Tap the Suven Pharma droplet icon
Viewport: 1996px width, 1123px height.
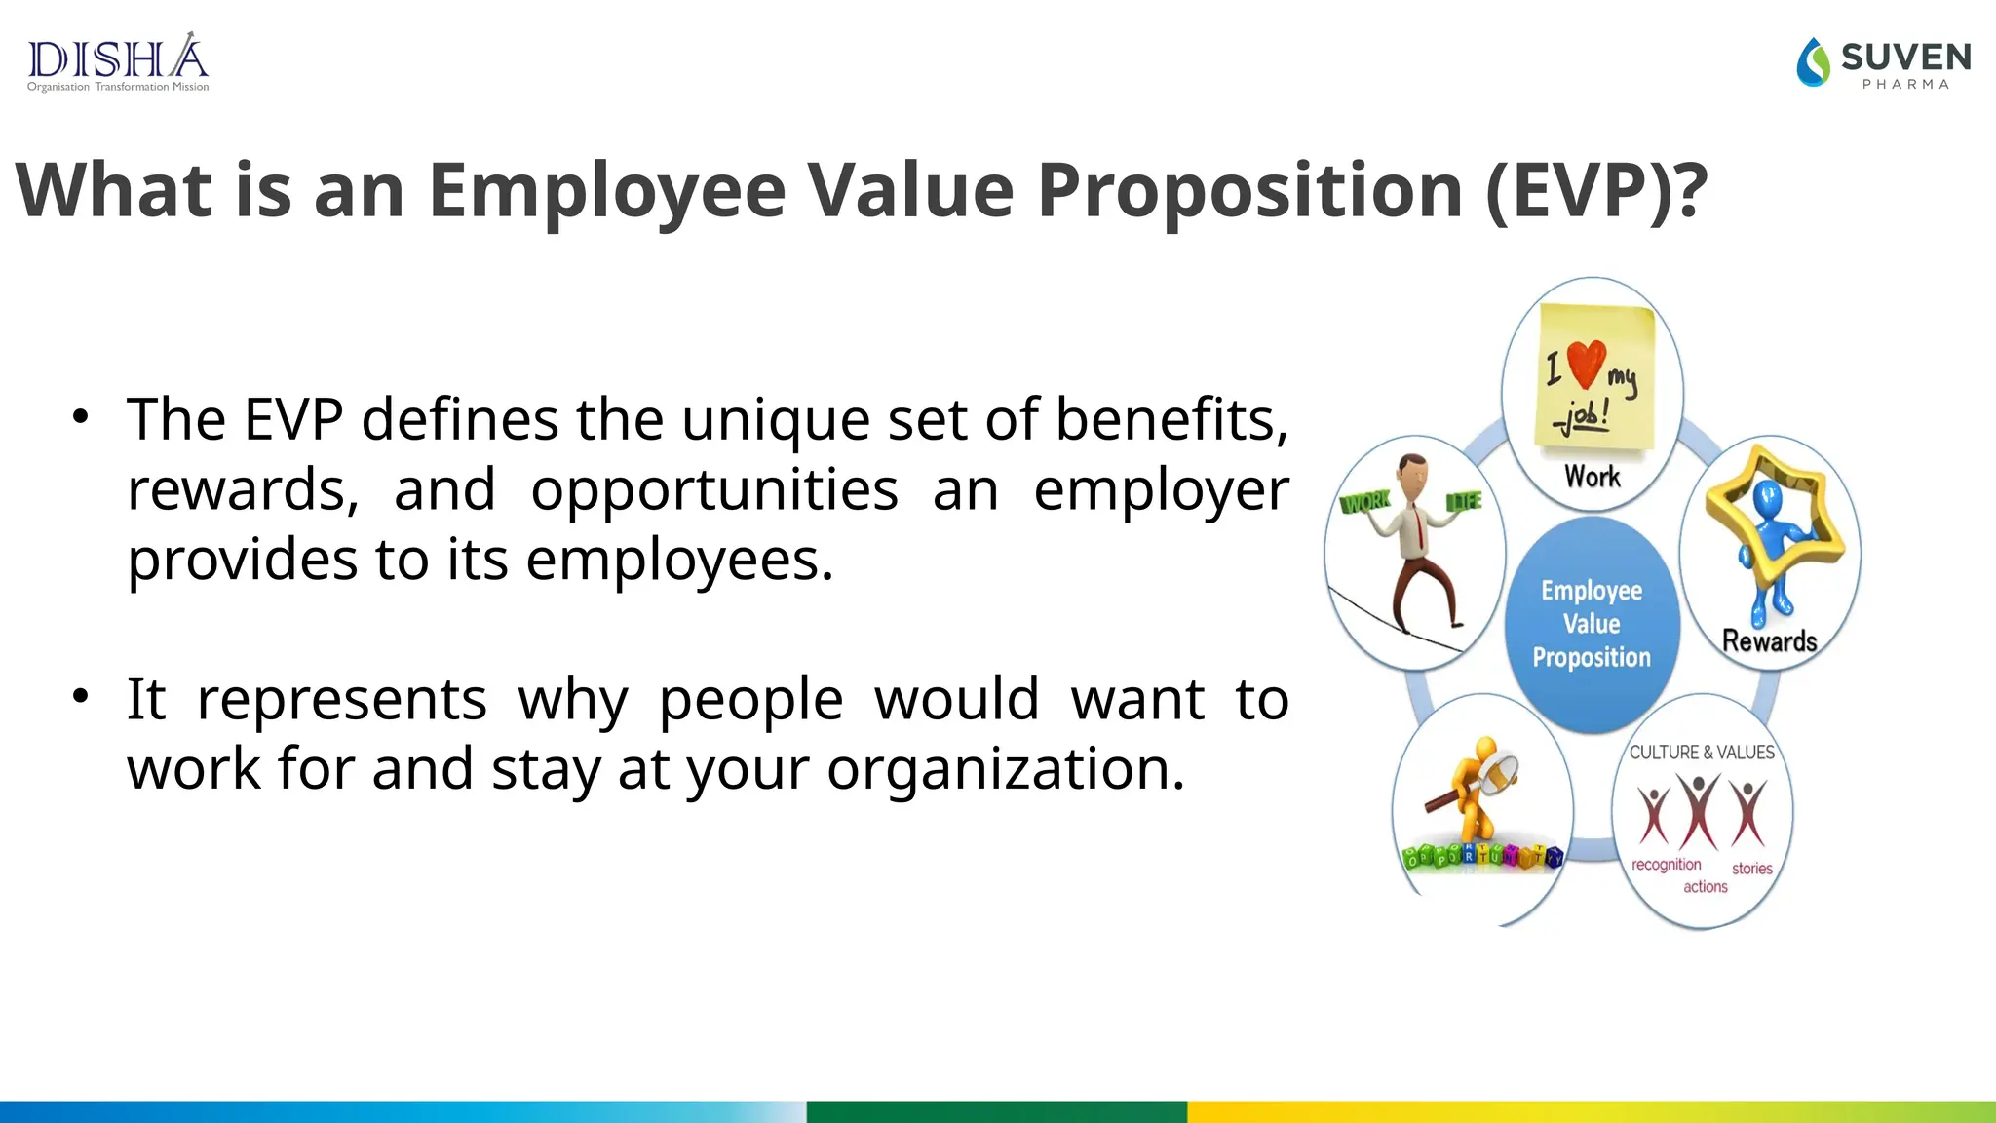(x=1813, y=62)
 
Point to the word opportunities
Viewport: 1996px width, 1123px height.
(x=713, y=489)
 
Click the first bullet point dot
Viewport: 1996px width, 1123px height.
(x=80, y=417)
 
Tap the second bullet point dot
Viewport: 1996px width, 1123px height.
(x=80, y=696)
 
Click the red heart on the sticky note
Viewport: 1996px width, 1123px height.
(x=1586, y=363)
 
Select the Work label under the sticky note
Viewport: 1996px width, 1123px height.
(x=1592, y=477)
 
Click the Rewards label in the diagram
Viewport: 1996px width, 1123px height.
(x=1769, y=640)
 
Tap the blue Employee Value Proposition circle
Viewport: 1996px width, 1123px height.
(x=1592, y=624)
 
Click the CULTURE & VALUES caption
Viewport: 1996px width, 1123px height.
(x=1702, y=753)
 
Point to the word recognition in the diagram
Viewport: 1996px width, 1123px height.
(x=1666, y=865)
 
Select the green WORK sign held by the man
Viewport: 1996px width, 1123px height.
(x=1365, y=503)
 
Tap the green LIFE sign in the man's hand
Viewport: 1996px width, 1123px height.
(x=1464, y=501)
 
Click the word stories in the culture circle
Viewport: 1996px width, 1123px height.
(x=1751, y=869)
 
